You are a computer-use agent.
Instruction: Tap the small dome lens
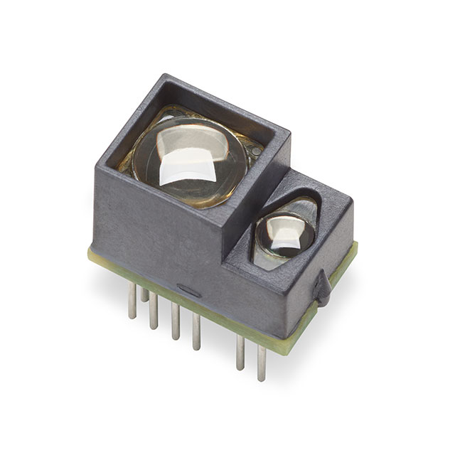point(284,235)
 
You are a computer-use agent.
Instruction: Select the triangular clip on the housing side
point(322,288)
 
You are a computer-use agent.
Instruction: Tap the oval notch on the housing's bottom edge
point(189,290)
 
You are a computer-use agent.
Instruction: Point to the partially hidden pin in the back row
point(144,294)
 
